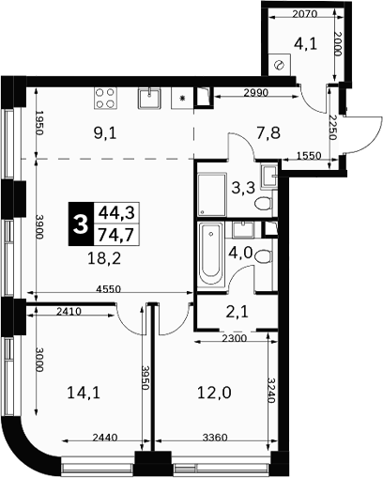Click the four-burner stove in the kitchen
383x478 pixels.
click(x=106, y=98)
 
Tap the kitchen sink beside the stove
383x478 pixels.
click(x=149, y=98)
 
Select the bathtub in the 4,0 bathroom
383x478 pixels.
click(x=211, y=254)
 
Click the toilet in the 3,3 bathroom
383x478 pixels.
click(x=263, y=204)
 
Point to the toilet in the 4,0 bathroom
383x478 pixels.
click(x=263, y=255)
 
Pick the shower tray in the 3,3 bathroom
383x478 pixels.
click(x=212, y=194)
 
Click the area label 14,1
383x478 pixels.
click(x=84, y=393)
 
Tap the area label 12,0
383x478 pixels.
click(x=214, y=393)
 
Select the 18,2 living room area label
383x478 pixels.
click(x=104, y=258)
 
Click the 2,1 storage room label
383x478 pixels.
click(x=237, y=312)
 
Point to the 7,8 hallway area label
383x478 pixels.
click(x=268, y=133)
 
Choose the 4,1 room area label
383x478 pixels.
click(x=305, y=44)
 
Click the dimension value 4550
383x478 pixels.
click(x=108, y=289)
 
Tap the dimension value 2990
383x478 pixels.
click(x=256, y=93)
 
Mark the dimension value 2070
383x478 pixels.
click(x=305, y=14)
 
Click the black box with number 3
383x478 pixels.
click(x=81, y=224)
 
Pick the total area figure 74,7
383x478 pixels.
click(x=116, y=235)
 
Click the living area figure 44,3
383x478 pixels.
click(x=116, y=213)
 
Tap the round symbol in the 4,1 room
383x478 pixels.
click(x=279, y=65)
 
